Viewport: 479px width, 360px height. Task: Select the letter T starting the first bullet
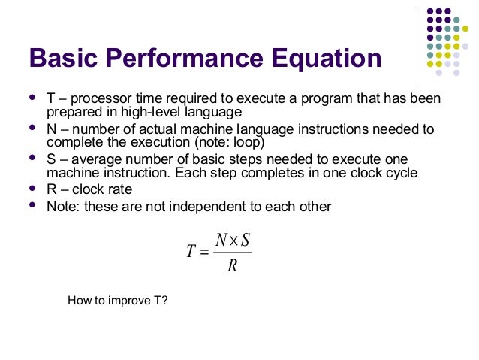coord(50,100)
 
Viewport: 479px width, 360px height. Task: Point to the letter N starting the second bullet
coord(51,129)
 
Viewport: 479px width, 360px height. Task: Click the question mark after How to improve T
coord(165,301)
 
